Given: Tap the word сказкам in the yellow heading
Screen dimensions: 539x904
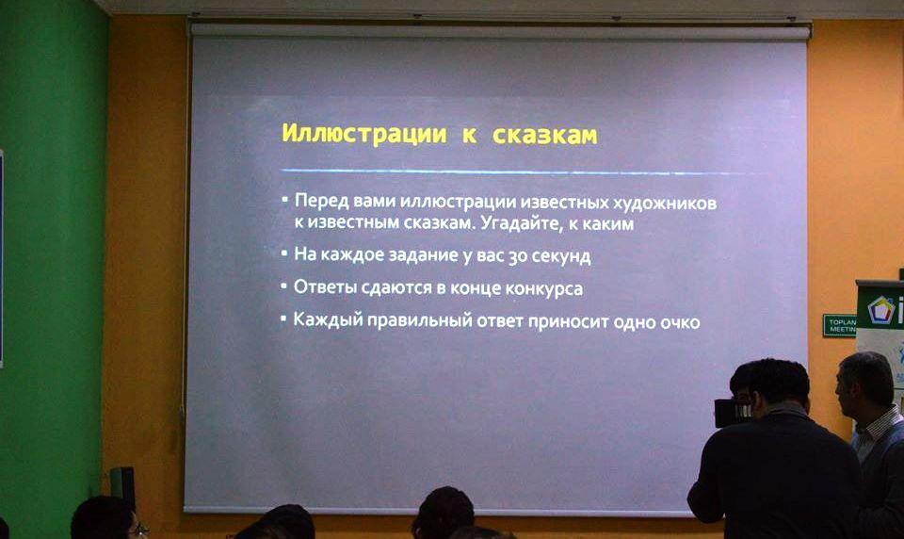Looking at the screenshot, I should [x=546, y=134].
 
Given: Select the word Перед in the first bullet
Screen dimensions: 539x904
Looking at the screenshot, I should [x=322, y=203].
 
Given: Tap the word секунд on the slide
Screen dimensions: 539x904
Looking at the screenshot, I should [x=562, y=256].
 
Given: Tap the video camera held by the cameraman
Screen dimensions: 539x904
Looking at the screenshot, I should [x=733, y=410].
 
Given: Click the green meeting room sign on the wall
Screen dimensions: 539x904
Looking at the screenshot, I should [x=838, y=325].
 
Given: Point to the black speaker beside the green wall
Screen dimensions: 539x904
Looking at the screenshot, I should [x=122, y=484].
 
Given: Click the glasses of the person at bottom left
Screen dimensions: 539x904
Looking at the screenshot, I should [x=137, y=529].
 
